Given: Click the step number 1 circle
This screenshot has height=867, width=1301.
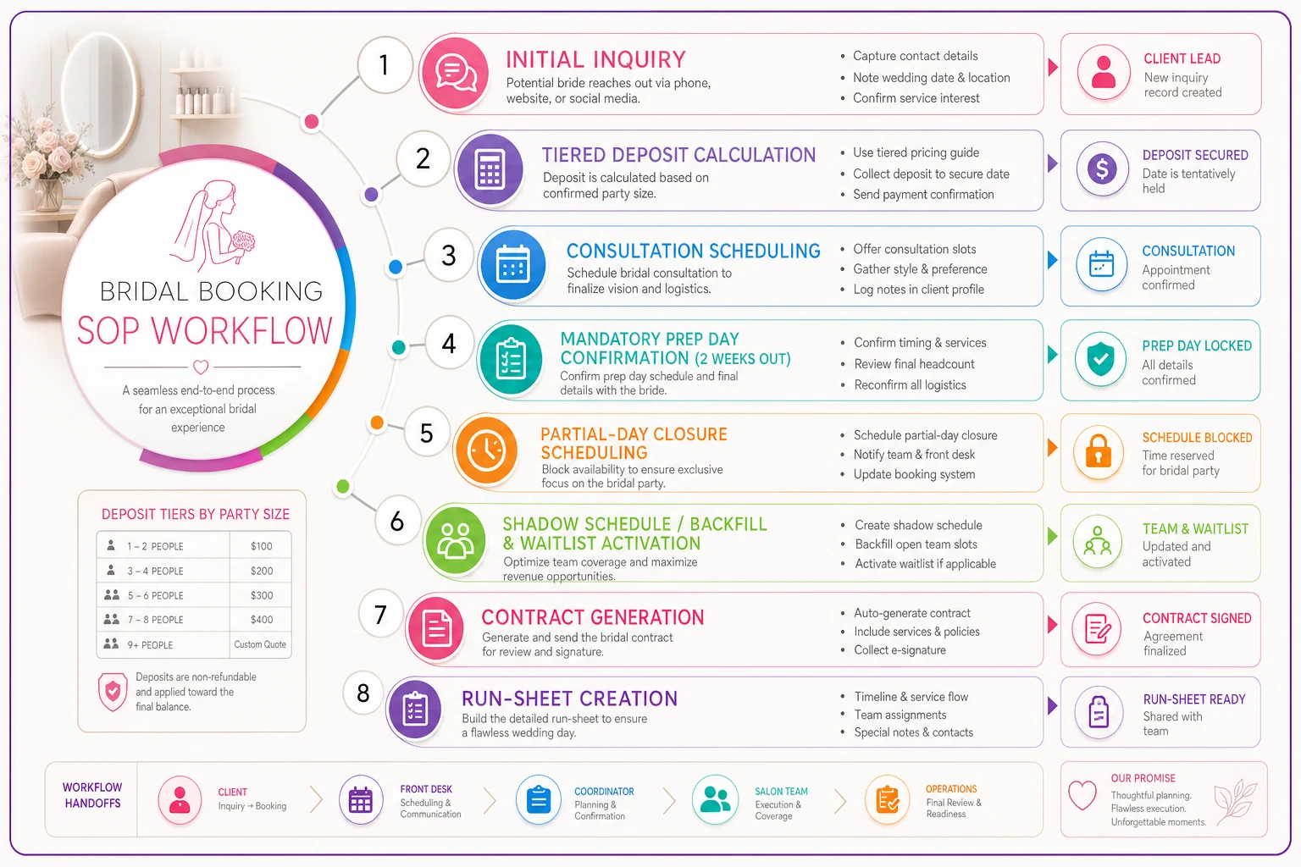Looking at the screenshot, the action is coord(384,65).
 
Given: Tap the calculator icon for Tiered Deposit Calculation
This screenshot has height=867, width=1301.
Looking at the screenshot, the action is coord(490,169).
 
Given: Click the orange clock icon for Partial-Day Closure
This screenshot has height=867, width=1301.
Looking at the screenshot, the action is coord(486,450).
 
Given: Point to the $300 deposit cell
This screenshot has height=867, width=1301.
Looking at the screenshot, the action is coord(262,595).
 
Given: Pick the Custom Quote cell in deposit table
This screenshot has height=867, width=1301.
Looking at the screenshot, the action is coord(260,644).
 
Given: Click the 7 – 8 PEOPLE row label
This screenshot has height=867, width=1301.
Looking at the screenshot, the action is coord(155,620).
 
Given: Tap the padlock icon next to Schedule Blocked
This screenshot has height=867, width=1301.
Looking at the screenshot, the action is coord(1098,452).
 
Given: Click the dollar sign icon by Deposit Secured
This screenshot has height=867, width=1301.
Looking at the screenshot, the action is coord(1102,169).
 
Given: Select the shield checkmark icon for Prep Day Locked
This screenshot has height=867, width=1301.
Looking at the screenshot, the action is coord(1100,359).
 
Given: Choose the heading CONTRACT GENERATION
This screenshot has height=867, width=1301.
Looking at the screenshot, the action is coord(592,616).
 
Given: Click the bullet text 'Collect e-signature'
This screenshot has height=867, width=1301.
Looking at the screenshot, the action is coord(900,649).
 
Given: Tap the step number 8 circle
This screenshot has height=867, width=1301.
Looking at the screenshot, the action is coord(363,693).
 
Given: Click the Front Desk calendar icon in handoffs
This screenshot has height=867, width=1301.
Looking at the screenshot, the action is coord(360,800).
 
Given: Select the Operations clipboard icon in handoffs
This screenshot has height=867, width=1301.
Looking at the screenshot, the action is coord(888,800).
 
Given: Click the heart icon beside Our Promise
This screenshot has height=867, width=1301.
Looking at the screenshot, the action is coord(1082,795).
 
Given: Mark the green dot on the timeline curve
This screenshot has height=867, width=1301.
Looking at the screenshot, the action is coord(343,486).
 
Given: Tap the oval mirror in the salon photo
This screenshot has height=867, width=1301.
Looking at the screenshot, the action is coord(100,93).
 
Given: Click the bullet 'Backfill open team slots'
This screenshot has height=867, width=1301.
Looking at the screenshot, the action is coord(916,544).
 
